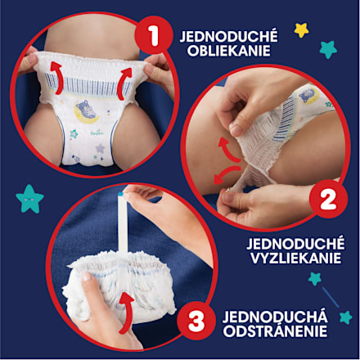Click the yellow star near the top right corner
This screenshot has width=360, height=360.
[301, 30]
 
